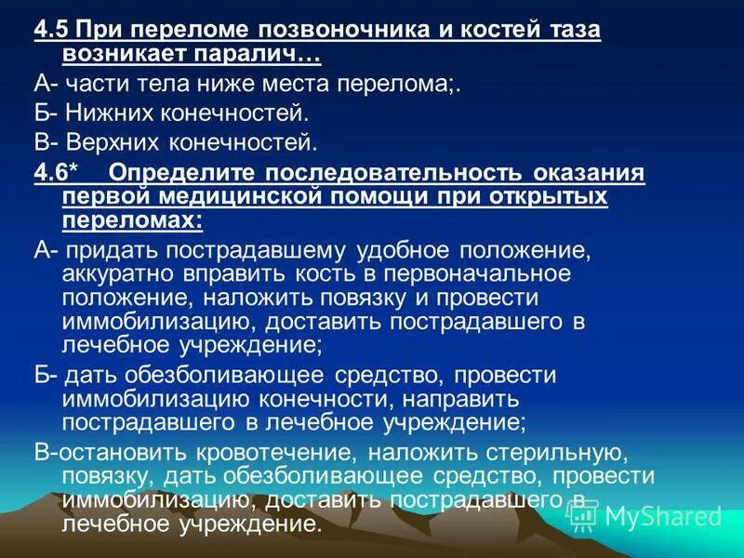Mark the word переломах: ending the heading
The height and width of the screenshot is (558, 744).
[x=132, y=221]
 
